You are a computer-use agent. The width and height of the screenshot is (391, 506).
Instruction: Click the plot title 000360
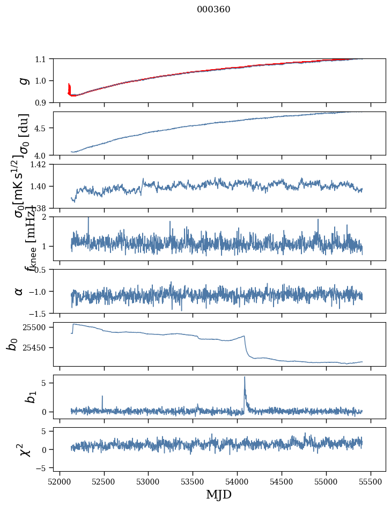click(213, 10)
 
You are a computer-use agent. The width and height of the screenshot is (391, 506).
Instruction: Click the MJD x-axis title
click(219, 495)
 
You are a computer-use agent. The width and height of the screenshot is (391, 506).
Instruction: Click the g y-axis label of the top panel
click(23, 80)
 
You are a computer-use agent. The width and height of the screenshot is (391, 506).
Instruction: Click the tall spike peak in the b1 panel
click(245, 377)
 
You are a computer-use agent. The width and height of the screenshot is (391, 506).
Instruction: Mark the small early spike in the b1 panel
click(102, 396)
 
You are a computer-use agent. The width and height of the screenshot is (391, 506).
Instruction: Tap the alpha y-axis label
click(19, 291)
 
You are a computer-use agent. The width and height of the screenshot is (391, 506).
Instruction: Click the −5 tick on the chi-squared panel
click(42, 468)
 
